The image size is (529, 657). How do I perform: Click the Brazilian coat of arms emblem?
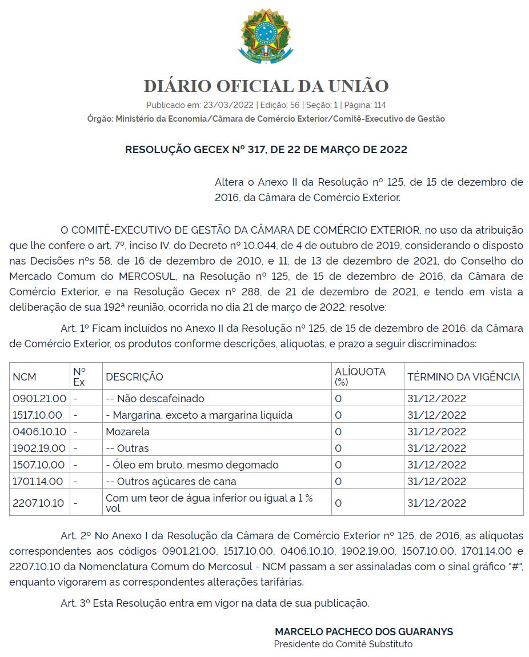click(x=266, y=35)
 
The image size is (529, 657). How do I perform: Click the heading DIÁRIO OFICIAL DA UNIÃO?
click(x=266, y=86)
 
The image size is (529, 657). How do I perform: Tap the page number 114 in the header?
click(x=379, y=105)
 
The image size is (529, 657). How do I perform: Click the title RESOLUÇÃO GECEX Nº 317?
click(x=266, y=150)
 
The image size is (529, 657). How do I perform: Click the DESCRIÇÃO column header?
click(x=134, y=377)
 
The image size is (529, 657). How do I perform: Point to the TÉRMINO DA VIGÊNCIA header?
click(x=463, y=377)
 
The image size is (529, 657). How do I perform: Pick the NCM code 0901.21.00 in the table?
click(x=39, y=398)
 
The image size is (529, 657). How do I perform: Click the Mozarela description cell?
click(x=127, y=431)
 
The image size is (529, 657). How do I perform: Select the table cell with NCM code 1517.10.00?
click(x=39, y=415)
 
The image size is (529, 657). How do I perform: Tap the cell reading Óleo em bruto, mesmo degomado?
click(x=192, y=464)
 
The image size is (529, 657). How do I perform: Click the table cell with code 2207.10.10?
click(x=39, y=503)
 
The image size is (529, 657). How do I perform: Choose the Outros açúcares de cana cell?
click(x=171, y=481)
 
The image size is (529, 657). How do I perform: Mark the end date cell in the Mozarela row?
click(x=436, y=431)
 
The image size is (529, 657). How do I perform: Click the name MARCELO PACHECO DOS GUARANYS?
click(x=364, y=632)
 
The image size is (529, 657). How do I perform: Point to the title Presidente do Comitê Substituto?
click(x=343, y=644)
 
